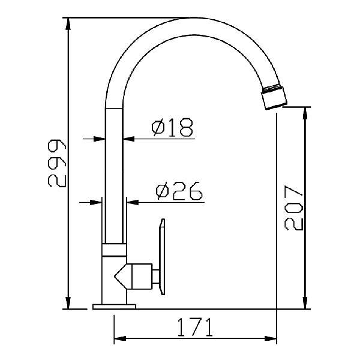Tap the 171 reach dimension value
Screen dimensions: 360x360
pyautogui.click(x=195, y=328)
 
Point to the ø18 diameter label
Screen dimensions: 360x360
pyautogui.click(x=171, y=127)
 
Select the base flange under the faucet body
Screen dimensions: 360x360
pyautogui.click(x=114, y=307)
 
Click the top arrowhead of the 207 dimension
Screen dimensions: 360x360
pyautogui.click(x=307, y=112)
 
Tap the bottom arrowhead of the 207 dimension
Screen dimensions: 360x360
pyautogui.click(x=307, y=304)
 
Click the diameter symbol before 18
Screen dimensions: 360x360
pyautogui.click(x=158, y=127)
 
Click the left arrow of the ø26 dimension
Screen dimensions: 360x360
pyautogui.click(x=96, y=202)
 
